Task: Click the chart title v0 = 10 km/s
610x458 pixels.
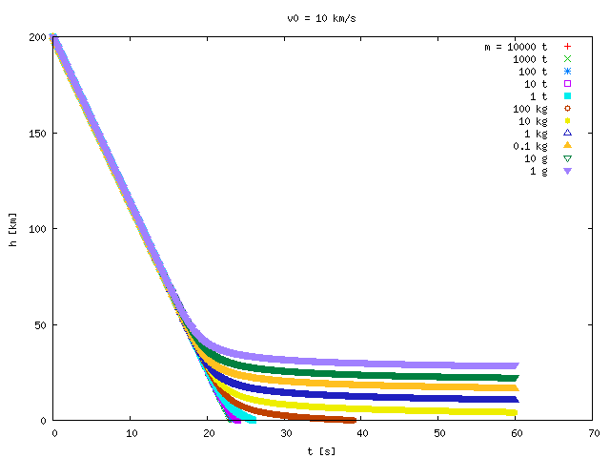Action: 321,19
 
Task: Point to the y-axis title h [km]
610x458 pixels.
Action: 12,230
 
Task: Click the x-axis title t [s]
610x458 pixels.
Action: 321,451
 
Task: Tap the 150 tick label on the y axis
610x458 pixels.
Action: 37,134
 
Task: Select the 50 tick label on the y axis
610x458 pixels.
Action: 40,324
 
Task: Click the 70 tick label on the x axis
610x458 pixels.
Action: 594,433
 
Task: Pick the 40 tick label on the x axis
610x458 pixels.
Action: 362,433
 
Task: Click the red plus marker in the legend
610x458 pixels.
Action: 568,47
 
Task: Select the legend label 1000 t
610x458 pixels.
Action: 530,59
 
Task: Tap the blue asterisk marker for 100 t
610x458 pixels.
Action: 568,72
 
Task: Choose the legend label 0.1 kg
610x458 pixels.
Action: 530,146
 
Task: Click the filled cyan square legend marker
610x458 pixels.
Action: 568,95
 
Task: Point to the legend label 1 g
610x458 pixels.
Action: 539,172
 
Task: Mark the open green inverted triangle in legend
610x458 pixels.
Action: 568,158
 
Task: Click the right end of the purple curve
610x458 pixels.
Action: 517,365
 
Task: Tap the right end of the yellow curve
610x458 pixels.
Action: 516,413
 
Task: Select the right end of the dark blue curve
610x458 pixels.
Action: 517,400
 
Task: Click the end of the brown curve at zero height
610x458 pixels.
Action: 354,420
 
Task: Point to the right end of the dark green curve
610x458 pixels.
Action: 517,378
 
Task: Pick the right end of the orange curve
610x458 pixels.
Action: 517,388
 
